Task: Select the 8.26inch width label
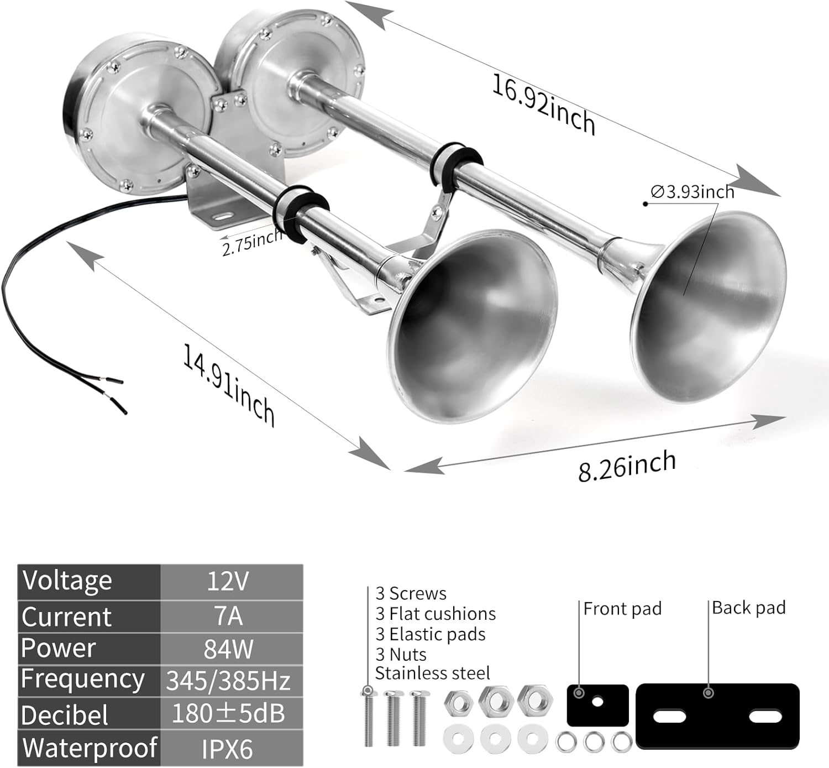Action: [x=627, y=466]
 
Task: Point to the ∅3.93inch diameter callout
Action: [x=693, y=192]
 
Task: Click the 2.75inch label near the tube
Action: [x=252, y=243]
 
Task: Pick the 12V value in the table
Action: [x=228, y=581]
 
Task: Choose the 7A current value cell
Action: [x=228, y=615]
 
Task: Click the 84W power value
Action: [x=228, y=649]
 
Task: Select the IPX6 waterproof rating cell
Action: [x=228, y=749]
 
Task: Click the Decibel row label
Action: [x=65, y=715]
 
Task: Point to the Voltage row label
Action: [x=67, y=581]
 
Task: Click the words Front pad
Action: [x=622, y=609]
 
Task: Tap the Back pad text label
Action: [x=748, y=608]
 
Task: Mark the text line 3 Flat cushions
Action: [x=436, y=614]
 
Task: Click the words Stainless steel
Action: [x=432, y=673]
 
